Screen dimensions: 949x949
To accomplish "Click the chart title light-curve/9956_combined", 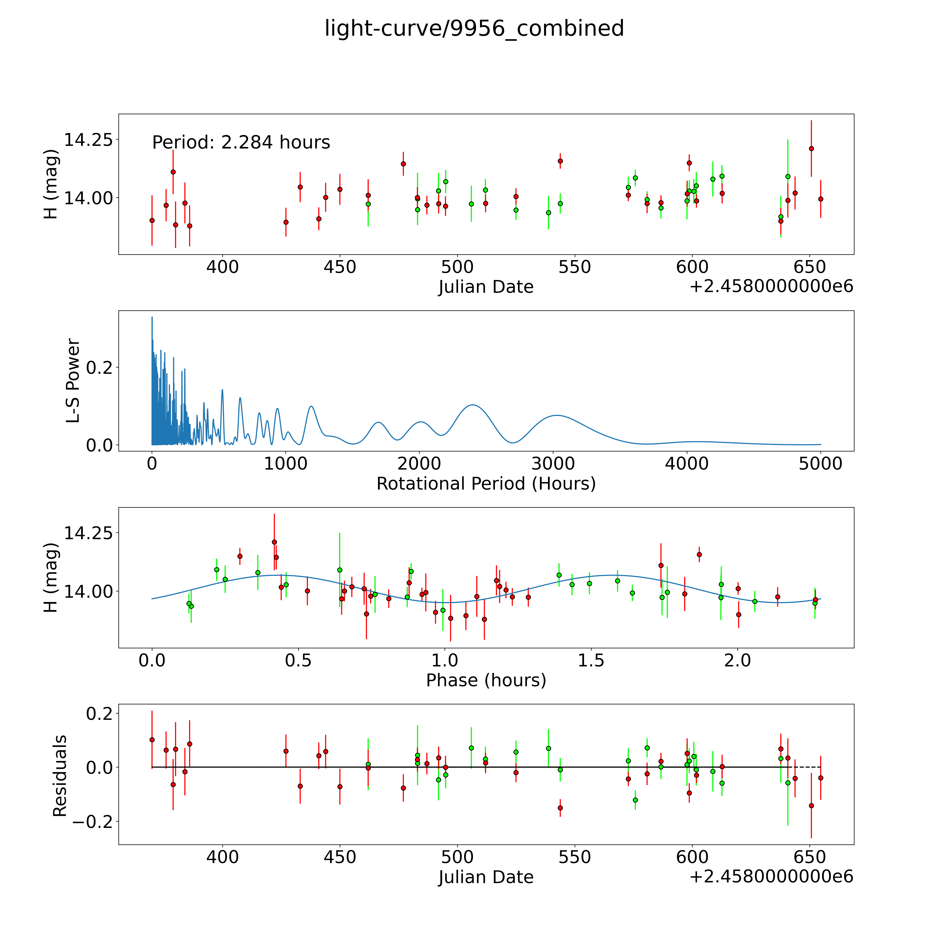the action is pyautogui.click(x=474, y=28).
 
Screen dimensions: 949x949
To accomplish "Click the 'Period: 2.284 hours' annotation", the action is pyautogui.click(x=241, y=143).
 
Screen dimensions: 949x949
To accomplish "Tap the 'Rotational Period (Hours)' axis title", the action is pyautogui.click(x=486, y=484).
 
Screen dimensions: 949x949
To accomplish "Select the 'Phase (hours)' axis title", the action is pyautogui.click(x=486, y=680).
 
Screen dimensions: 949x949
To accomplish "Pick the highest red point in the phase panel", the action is pyautogui.click(x=274, y=542).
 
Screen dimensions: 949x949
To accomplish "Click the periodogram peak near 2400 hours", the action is pyautogui.click(x=472, y=405).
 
